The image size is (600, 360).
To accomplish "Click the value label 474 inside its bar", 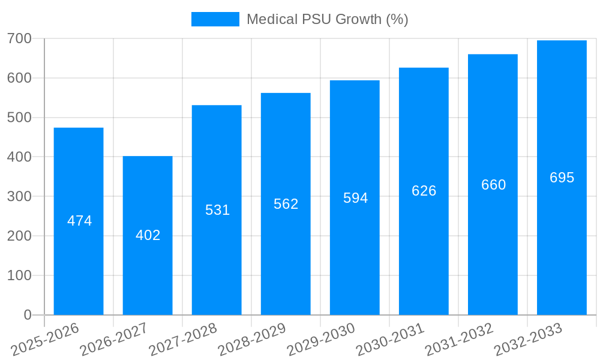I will pyautogui.click(x=80, y=221).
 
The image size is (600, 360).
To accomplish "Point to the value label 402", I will pyautogui.click(x=148, y=235).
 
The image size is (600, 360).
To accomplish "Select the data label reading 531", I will pyautogui.click(x=218, y=210).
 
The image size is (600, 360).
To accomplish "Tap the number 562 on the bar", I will pyautogui.click(x=286, y=204).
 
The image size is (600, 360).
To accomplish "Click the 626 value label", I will pyautogui.click(x=424, y=191).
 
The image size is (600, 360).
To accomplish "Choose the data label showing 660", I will pyautogui.click(x=494, y=185).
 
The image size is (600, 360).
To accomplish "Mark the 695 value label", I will pyautogui.click(x=562, y=178).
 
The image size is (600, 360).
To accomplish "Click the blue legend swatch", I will pyautogui.click(x=215, y=19).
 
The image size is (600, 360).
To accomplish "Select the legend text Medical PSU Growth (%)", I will pyautogui.click(x=328, y=19).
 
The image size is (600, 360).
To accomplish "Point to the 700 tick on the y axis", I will pyautogui.click(x=20, y=38).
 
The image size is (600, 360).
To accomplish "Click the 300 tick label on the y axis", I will pyautogui.click(x=20, y=196).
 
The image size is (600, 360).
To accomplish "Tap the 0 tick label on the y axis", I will pyautogui.click(x=28, y=315).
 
